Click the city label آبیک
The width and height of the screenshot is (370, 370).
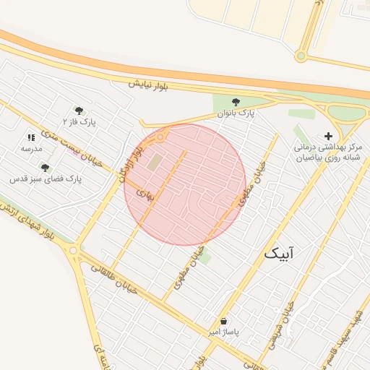280,253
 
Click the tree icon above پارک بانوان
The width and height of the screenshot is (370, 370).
235,102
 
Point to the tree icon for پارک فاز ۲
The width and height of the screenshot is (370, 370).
79,111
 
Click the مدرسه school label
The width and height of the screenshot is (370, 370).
31,148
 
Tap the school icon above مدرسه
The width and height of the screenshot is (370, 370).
31,137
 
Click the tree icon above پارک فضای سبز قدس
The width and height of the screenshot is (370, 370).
45,168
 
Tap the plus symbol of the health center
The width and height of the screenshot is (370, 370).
329,135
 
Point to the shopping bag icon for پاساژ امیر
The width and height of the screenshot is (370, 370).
223,321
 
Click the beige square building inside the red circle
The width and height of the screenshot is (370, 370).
155,163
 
